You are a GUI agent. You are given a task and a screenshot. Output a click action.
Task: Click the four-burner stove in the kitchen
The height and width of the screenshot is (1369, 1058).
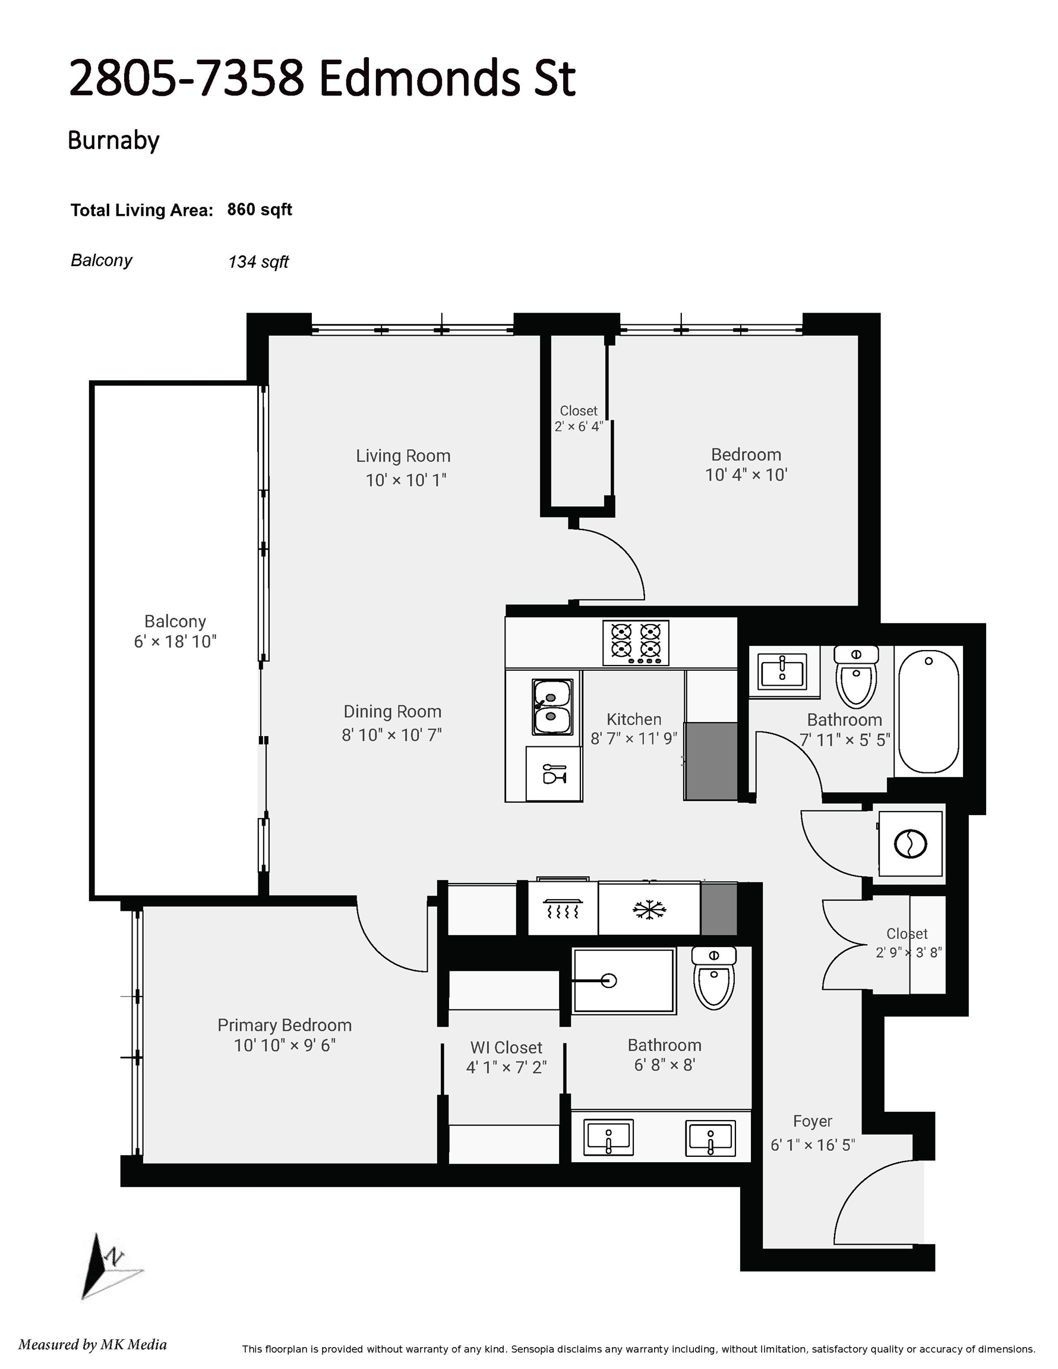click(x=636, y=642)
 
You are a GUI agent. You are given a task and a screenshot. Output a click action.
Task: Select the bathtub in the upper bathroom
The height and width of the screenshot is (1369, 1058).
click(x=928, y=711)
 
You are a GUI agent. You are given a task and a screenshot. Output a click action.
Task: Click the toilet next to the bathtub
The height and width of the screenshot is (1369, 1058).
click(x=856, y=677)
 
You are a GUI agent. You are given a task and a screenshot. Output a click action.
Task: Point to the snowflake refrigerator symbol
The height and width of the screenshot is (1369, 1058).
click(x=649, y=910)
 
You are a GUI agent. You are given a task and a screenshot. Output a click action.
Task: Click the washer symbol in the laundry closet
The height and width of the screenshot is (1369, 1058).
click(x=910, y=844)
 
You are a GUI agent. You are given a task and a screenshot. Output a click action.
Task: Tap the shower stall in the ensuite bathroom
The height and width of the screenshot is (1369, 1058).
click(x=624, y=980)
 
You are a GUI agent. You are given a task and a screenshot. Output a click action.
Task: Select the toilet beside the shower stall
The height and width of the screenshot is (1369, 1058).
click(x=714, y=977)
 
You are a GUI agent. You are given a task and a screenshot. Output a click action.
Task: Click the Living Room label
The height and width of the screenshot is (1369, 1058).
click(x=403, y=456)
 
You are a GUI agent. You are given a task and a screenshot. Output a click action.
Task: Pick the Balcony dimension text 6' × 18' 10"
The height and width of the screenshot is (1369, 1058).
click(x=175, y=641)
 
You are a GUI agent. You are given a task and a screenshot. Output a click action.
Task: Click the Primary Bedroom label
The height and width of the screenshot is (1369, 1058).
click(x=285, y=1025)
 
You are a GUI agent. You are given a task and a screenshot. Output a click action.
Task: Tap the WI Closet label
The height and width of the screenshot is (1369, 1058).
click(x=507, y=1048)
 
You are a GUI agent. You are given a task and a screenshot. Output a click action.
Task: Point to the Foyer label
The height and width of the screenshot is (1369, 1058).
click(x=812, y=1121)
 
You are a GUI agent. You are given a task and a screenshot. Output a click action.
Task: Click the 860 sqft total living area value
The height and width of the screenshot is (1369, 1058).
click(x=260, y=210)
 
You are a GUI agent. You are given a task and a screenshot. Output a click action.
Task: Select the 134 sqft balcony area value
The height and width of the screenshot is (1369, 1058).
click(x=258, y=261)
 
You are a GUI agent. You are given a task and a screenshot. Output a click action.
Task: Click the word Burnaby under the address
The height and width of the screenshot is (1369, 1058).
click(x=113, y=140)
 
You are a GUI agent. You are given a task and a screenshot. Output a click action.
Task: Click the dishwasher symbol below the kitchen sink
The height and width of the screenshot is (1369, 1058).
click(x=554, y=774)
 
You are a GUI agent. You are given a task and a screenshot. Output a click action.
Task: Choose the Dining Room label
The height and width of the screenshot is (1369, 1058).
click(x=392, y=711)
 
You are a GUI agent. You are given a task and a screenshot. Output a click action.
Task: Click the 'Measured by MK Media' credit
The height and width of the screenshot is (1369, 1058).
click(x=93, y=1344)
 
